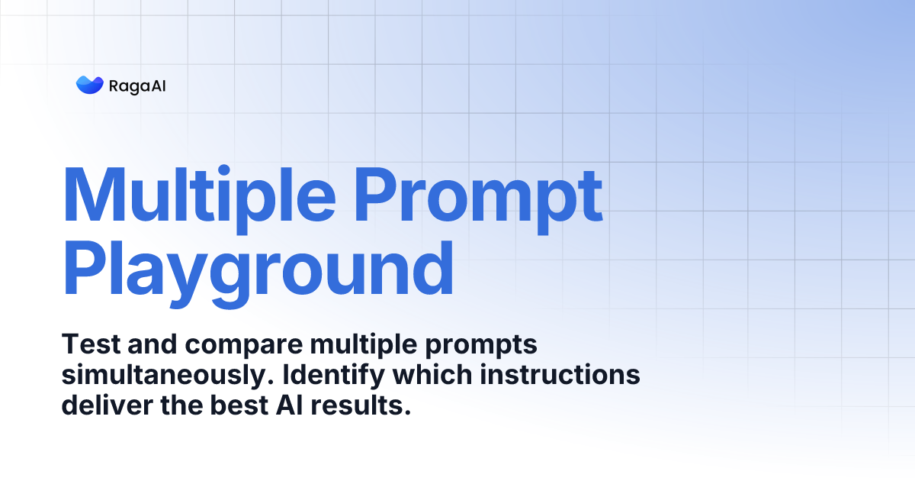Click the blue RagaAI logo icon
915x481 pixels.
tap(89, 86)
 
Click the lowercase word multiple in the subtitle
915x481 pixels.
tap(352, 346)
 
